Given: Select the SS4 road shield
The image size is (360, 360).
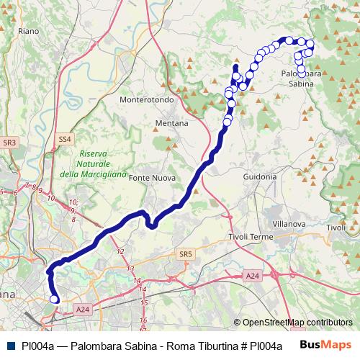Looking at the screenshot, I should (x=65, y=138).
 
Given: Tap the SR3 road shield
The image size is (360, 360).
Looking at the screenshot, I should (x=9, y=143).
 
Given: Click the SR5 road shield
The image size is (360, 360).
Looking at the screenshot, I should (x=186, y=253).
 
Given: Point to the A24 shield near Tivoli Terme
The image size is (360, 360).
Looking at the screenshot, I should (x=251, y=276).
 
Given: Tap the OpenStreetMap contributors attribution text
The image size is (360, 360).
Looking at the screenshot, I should (x=297, y=323).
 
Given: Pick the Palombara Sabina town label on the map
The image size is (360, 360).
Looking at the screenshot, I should (x=301, y=78).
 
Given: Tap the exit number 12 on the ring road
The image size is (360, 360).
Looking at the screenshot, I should (x=120, y=251).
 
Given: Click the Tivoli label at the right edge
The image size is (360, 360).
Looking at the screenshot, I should (x=336, y=228).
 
